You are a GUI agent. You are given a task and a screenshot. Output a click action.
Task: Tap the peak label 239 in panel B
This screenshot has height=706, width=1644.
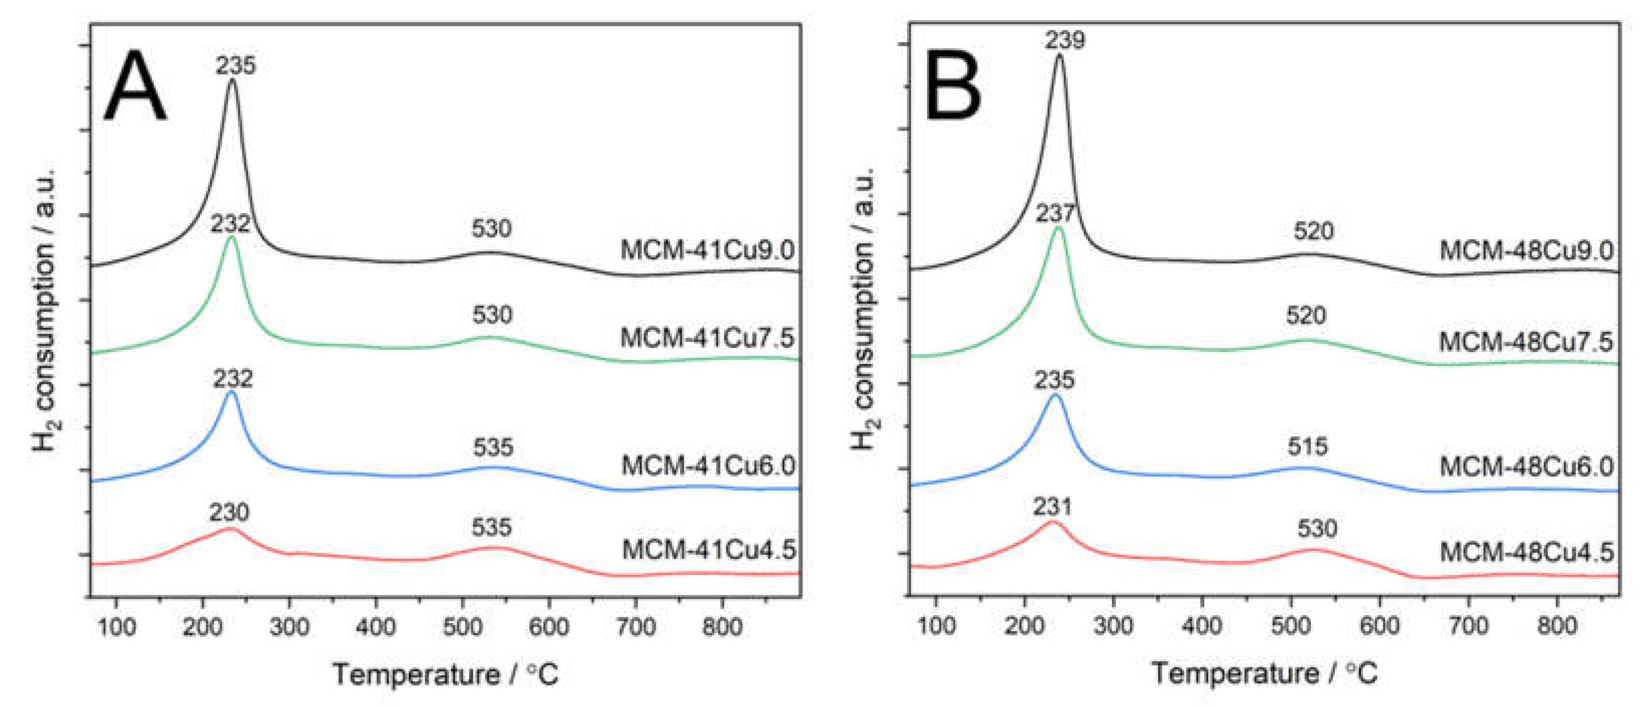point(1065,40)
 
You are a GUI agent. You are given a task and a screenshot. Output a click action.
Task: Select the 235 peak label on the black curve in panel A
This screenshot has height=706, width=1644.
point(235,65)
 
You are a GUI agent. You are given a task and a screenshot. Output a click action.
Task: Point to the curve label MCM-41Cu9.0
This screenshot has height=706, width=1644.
point(707,250)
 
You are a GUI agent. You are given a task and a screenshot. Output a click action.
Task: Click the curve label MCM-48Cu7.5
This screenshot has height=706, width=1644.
point(1526,342)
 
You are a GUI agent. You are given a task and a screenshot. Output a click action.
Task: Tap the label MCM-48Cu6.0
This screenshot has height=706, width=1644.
point(1526,466)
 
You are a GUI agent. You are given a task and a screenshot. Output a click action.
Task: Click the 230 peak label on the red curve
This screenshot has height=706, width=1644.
point(229,512)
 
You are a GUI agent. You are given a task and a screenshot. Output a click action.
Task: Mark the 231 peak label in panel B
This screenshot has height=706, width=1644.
point(1052,507)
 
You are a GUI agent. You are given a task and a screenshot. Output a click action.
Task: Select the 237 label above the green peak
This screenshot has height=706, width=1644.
point(1054,213)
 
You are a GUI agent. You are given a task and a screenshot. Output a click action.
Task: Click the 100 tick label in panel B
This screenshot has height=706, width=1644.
point(936,627)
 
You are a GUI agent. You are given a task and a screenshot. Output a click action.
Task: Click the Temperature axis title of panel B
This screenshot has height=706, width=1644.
point(1263,673)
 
